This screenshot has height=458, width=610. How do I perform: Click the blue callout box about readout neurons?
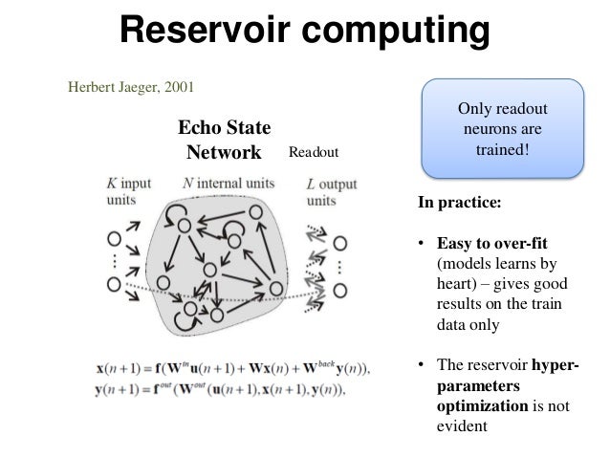click(503, 129)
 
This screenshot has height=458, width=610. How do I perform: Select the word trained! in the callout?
click(503, 152)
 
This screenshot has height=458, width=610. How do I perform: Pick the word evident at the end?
click(462, 426)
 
